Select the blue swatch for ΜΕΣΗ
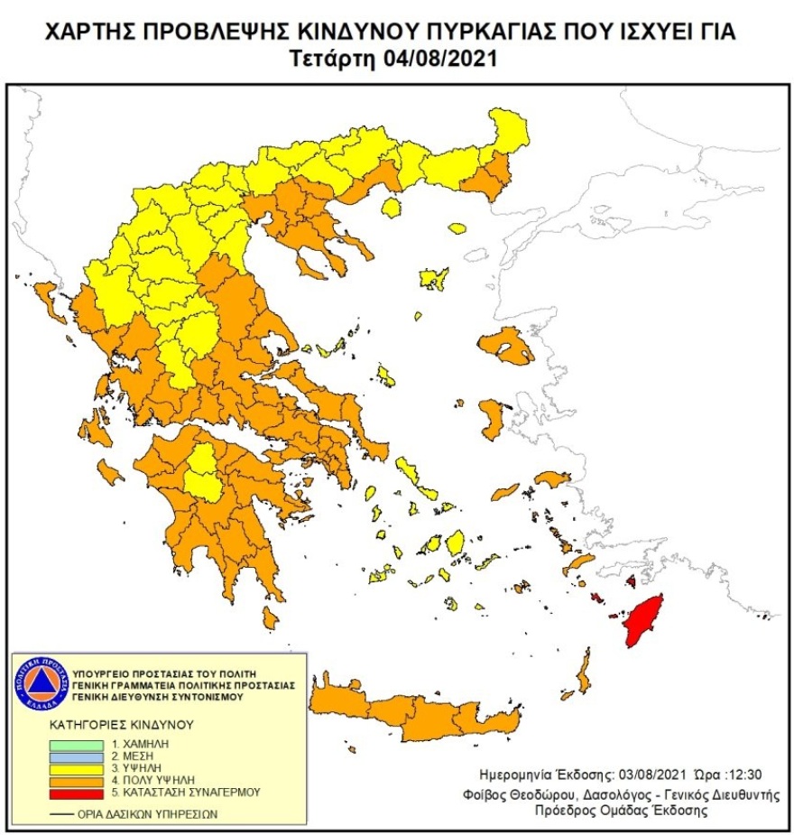click(x=76, y=756)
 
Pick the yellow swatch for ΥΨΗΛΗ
click(x=76, y=766)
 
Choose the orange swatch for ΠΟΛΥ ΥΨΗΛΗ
click(x=76, y=778)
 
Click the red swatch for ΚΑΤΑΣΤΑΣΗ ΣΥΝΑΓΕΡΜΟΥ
click(x=76, y=793)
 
